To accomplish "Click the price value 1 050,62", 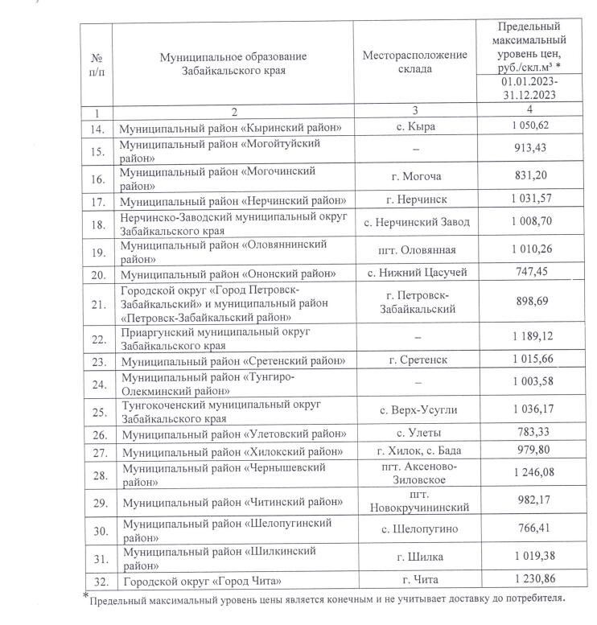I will [x=530, y=128].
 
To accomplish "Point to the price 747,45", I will [x=530, y=273].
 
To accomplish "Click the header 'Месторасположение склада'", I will [x=414, y=63].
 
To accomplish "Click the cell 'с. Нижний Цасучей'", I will [x=414, y=273].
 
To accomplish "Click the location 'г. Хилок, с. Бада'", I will [x=414, y=451].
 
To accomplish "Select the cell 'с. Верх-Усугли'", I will [x=414, y=410].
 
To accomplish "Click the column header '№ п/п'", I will [x=96, y=63].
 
